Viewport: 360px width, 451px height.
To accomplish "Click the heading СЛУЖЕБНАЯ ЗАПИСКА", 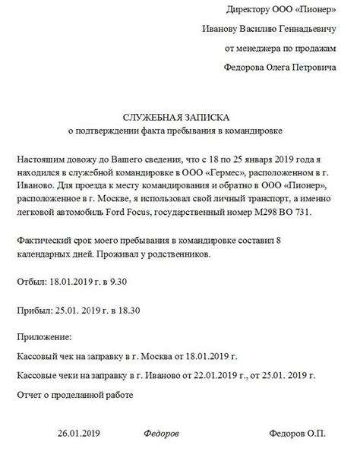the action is pos(180,118).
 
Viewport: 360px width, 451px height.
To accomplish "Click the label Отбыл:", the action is pos(32,282).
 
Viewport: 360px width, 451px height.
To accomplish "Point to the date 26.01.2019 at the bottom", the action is pos(80,433).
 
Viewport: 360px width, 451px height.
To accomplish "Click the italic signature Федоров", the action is pos(161,433).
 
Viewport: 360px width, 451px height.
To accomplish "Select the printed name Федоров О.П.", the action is pos(297,433).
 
